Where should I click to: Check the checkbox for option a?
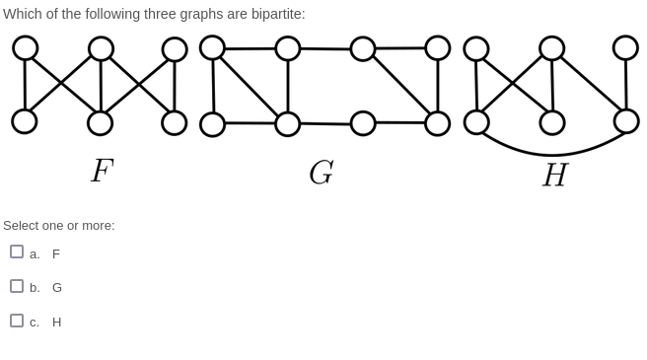pos(17,252)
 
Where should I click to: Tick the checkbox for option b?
pos(17,286)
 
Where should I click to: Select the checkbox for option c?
pos(17,321)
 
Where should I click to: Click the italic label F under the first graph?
pos(101,171)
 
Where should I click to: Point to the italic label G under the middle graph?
pos(321,173)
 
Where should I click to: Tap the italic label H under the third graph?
pos(554,175)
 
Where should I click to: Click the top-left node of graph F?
pos(26,47)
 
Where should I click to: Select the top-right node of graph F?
pos(175,49)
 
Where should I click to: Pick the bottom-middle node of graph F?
pos(100,123)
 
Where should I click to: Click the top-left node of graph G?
pos(212,47)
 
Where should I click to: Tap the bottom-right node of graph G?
pos(437,123)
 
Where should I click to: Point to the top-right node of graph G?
pos(438,47)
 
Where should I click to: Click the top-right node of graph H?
pos(625,47)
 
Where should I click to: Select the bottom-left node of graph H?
pos(476,122)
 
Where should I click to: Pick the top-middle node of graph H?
pos(551,48)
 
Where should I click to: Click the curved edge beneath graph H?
pos(552,155)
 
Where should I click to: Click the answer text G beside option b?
pos(57,288)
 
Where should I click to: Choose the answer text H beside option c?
pos(57,323)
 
